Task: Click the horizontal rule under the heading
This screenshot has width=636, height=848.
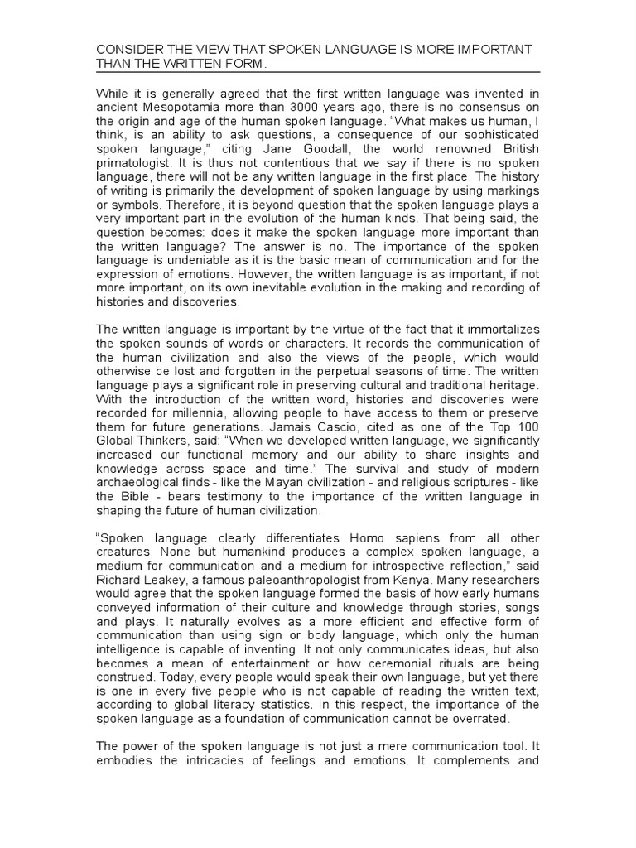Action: click(318, 72)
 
